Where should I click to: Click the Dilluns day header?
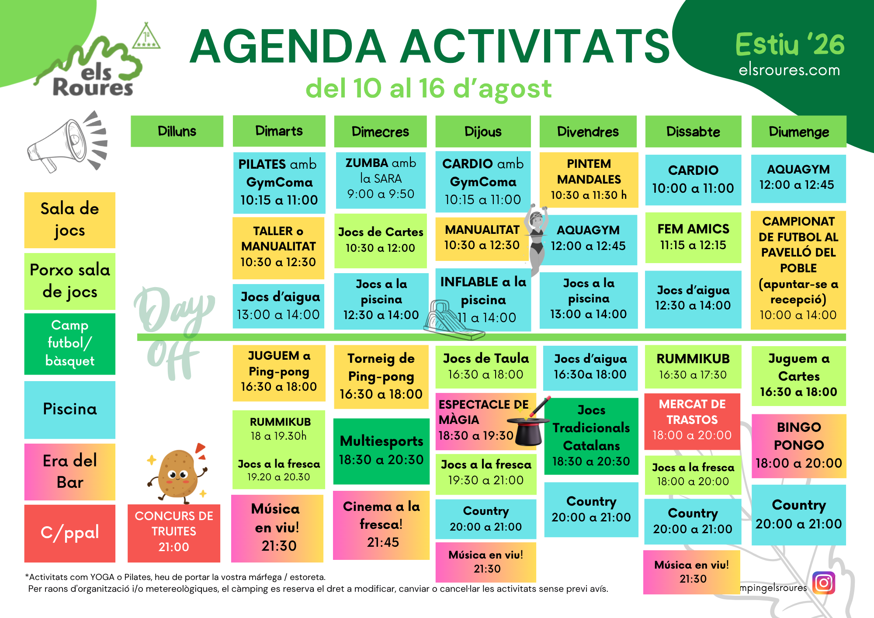(177, 131)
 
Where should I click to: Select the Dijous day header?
(483, 132)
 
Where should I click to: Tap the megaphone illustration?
(68, 142)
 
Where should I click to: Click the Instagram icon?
(824, 583)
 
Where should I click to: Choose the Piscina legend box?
(70, 410)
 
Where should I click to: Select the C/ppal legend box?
(70, 533)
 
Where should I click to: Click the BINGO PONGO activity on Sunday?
(799, 446)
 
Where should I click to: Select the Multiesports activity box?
(382, 451)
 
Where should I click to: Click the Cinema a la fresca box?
(381, 525)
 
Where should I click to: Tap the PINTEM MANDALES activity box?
(589, 180)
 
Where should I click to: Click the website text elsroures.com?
(789, 70)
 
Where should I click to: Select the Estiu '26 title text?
(790, 45)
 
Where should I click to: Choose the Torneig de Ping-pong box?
(381, 377)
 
